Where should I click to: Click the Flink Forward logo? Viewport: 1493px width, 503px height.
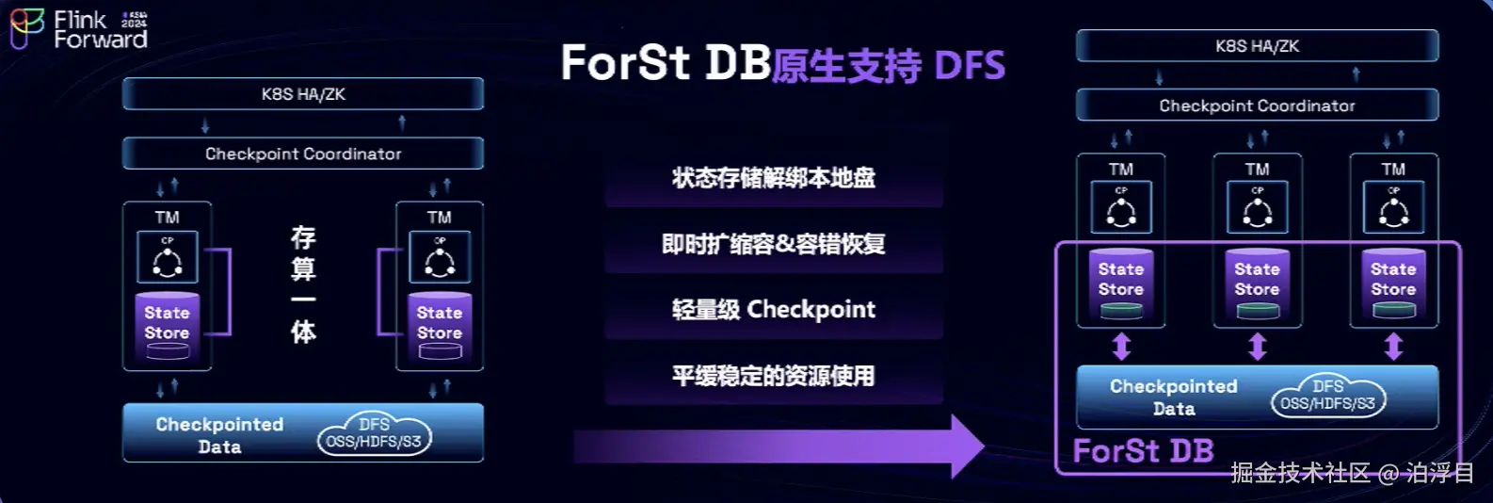(78, 28)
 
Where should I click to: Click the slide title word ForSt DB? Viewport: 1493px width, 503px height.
(666, 63)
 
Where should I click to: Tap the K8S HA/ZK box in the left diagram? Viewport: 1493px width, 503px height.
(303, 94)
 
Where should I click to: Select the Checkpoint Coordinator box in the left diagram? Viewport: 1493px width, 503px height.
(303, 154)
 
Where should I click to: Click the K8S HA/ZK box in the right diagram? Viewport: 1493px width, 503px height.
(1257, 46)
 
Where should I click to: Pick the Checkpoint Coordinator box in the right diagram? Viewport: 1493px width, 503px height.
(1257, 105)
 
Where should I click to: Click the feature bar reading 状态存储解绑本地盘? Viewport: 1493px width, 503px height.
(773, 178)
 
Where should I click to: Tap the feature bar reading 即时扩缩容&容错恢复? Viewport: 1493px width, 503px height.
(773, 245)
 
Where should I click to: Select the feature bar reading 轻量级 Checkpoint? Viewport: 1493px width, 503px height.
(773, 310)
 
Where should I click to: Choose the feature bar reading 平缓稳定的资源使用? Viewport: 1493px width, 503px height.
(773, 376)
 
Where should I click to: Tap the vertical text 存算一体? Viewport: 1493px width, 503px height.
(303, 284)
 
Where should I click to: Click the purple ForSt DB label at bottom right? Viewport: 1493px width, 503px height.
(1143, 451)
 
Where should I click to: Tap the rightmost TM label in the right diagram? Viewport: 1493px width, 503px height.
(1393, 170)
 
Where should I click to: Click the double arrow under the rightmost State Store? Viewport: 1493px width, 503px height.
(1393, 347)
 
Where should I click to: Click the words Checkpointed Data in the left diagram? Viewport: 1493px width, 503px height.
(219, 435)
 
